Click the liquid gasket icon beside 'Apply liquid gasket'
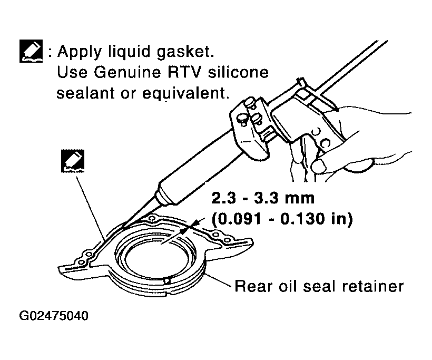31,51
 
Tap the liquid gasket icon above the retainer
73,161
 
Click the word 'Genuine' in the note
127,73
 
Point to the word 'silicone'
238,72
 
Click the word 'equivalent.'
185,93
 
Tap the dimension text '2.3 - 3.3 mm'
263,198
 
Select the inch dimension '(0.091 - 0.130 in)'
282,219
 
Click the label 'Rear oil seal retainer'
319,286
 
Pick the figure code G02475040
54,316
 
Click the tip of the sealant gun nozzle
123,227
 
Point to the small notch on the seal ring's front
166,280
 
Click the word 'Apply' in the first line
80,52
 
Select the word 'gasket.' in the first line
185,52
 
